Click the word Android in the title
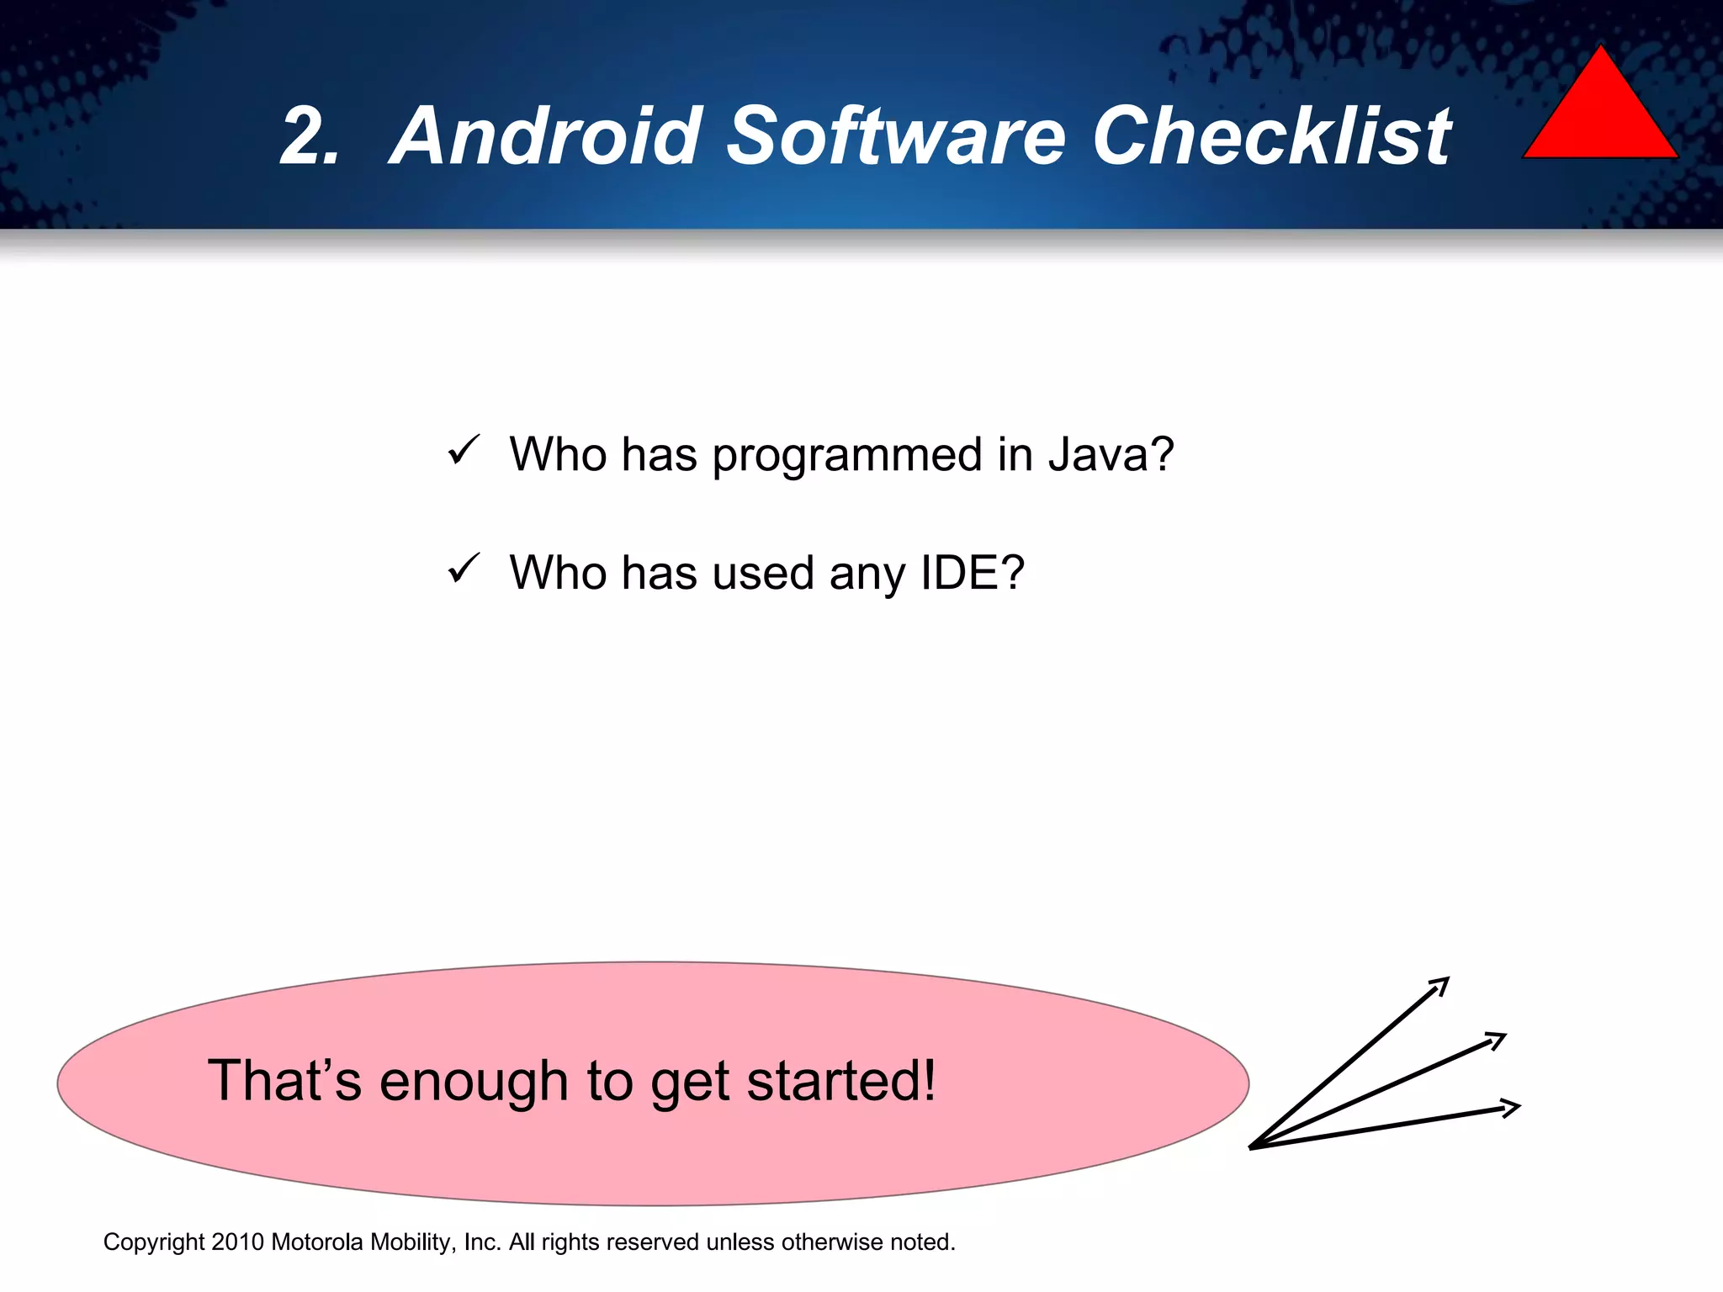(x=547, y=136)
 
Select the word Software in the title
(x=896, y=136)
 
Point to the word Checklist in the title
(x=1270, y=136)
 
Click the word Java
(x=1111, y=455)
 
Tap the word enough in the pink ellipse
(x=474, y=1082)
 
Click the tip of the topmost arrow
(x=1448, y=979)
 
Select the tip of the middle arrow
(x=1503, y=1035)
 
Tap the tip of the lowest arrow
(x=1519, y=1107)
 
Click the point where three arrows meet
(x=1251, y=1147)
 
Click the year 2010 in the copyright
(x=237, y=1242)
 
